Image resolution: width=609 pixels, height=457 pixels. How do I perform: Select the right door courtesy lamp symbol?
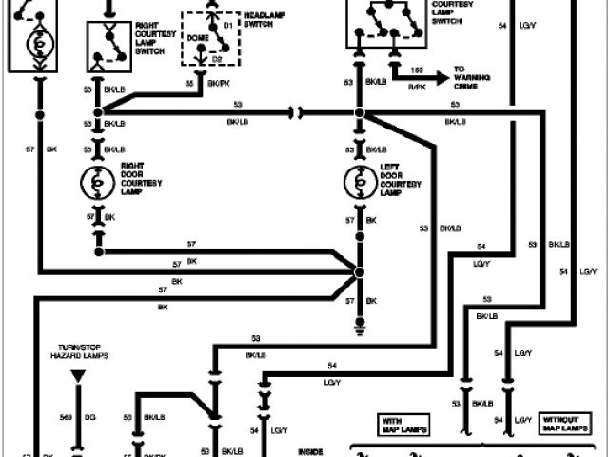(x=96, y=181)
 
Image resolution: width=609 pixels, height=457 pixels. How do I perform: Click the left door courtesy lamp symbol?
(x=360, y=181)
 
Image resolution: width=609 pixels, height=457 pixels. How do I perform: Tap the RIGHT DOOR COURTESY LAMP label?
(x=138, y=178)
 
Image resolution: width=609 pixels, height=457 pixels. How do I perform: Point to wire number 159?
(x=416, y=70)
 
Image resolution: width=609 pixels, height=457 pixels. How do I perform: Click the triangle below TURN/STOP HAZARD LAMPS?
(x=78, y=377)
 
